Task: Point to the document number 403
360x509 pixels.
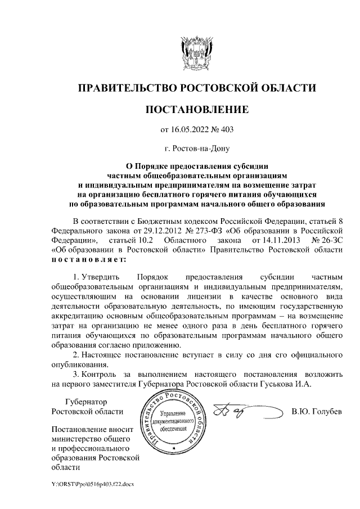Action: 227,130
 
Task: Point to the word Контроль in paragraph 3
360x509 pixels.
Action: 101,374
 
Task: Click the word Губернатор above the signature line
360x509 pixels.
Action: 87,402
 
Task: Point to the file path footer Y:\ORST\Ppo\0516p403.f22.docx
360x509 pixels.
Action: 92,484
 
